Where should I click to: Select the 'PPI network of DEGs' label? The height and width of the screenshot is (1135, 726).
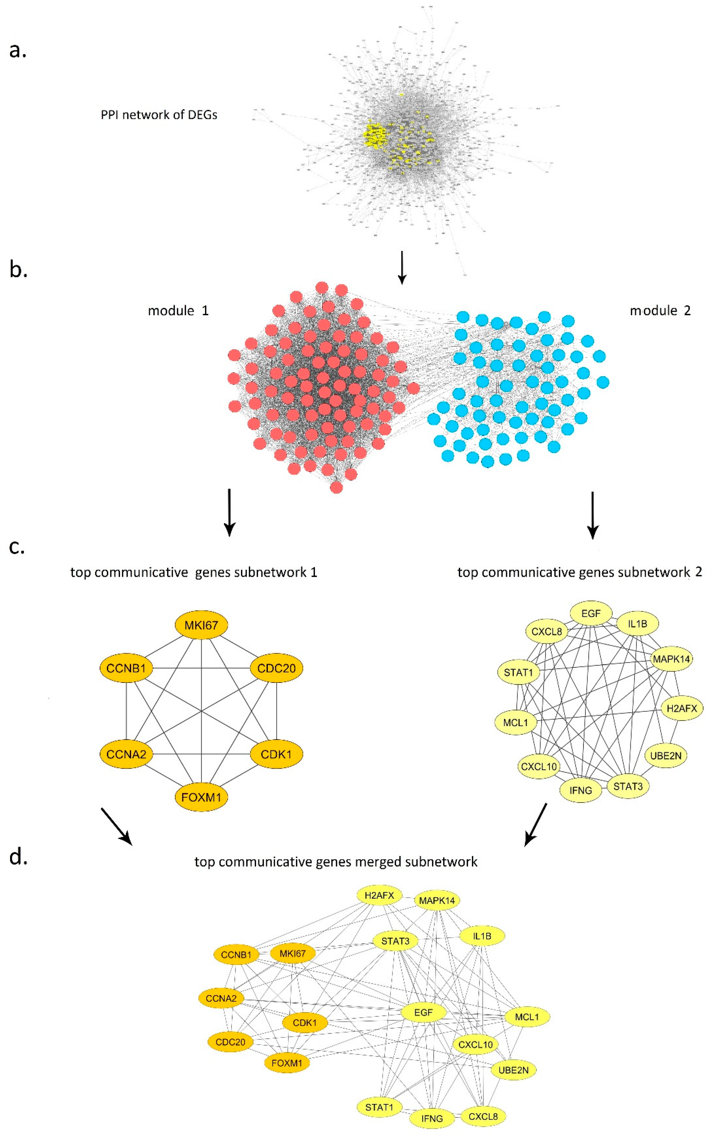tap(159, 115)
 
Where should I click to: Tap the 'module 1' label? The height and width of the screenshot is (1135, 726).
tap(178, 311)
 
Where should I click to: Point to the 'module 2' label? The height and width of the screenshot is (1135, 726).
tap(660, 311)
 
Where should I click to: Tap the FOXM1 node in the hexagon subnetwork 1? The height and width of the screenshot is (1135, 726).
tap(201, 797)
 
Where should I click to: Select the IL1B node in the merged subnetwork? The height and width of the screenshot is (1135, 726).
tap(482, 936)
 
